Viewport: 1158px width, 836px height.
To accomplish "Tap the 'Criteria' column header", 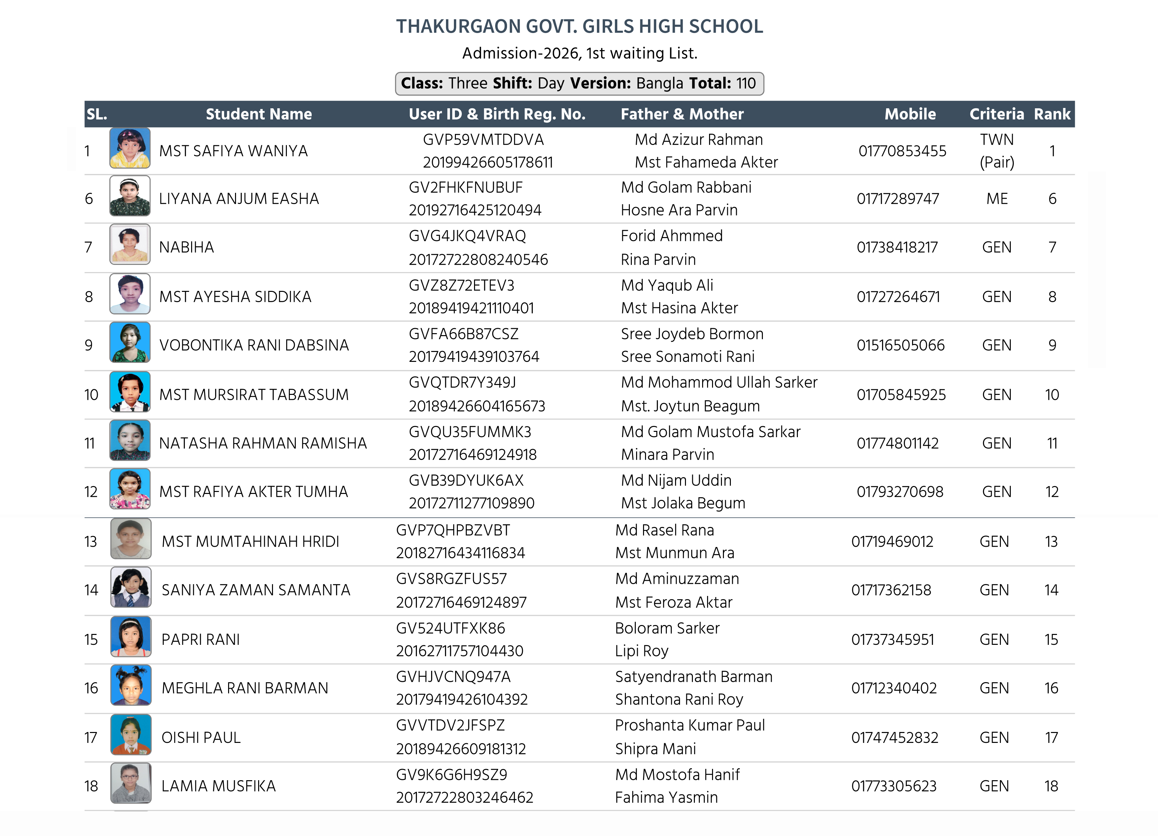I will (996, 114).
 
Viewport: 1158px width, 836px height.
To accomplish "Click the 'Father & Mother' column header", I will (682, 114).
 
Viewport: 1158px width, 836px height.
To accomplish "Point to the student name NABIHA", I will (187, 247).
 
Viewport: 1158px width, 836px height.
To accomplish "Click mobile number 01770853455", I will (902, 151).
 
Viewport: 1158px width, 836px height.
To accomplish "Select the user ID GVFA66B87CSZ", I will (463, 334).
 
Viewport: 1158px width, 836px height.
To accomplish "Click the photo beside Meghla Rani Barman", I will (131, 685).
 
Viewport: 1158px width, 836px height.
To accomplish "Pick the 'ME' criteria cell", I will (997, 199).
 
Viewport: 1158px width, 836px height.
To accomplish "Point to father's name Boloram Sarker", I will (667, 628).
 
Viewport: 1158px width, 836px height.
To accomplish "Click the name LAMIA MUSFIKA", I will (219, 786).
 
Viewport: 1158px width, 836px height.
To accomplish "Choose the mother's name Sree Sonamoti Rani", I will (687, 357).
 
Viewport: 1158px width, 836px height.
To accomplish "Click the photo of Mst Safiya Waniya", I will (130, 148).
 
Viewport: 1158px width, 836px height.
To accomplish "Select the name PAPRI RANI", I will (201, 640).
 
